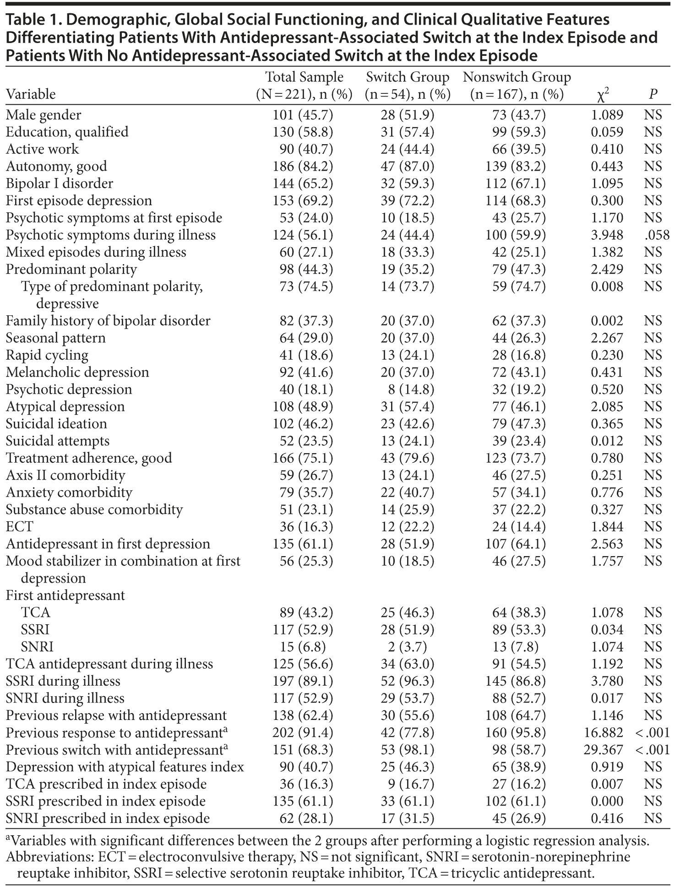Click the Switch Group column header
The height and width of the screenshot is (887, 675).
coord(408,85)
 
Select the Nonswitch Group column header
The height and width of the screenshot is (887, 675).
coord(517,85)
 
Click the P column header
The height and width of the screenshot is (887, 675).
coord(653,94)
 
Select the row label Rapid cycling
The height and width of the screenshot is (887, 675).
coord(47,355)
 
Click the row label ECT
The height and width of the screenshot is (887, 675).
coord(19,526)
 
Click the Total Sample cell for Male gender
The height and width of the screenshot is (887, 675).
coord(303,115)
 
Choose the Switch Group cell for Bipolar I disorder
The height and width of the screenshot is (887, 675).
coord(407,184)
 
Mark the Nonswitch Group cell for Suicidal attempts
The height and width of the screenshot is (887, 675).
coord(519,441)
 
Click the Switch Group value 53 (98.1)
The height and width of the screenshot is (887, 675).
coord(407,750)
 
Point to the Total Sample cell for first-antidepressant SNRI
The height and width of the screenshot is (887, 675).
coord(303,647)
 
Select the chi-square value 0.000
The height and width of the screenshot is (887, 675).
coord(607,801)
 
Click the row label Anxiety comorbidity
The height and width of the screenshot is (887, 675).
coord(69,492)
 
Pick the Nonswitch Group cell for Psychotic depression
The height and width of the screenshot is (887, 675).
coord(519,389)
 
